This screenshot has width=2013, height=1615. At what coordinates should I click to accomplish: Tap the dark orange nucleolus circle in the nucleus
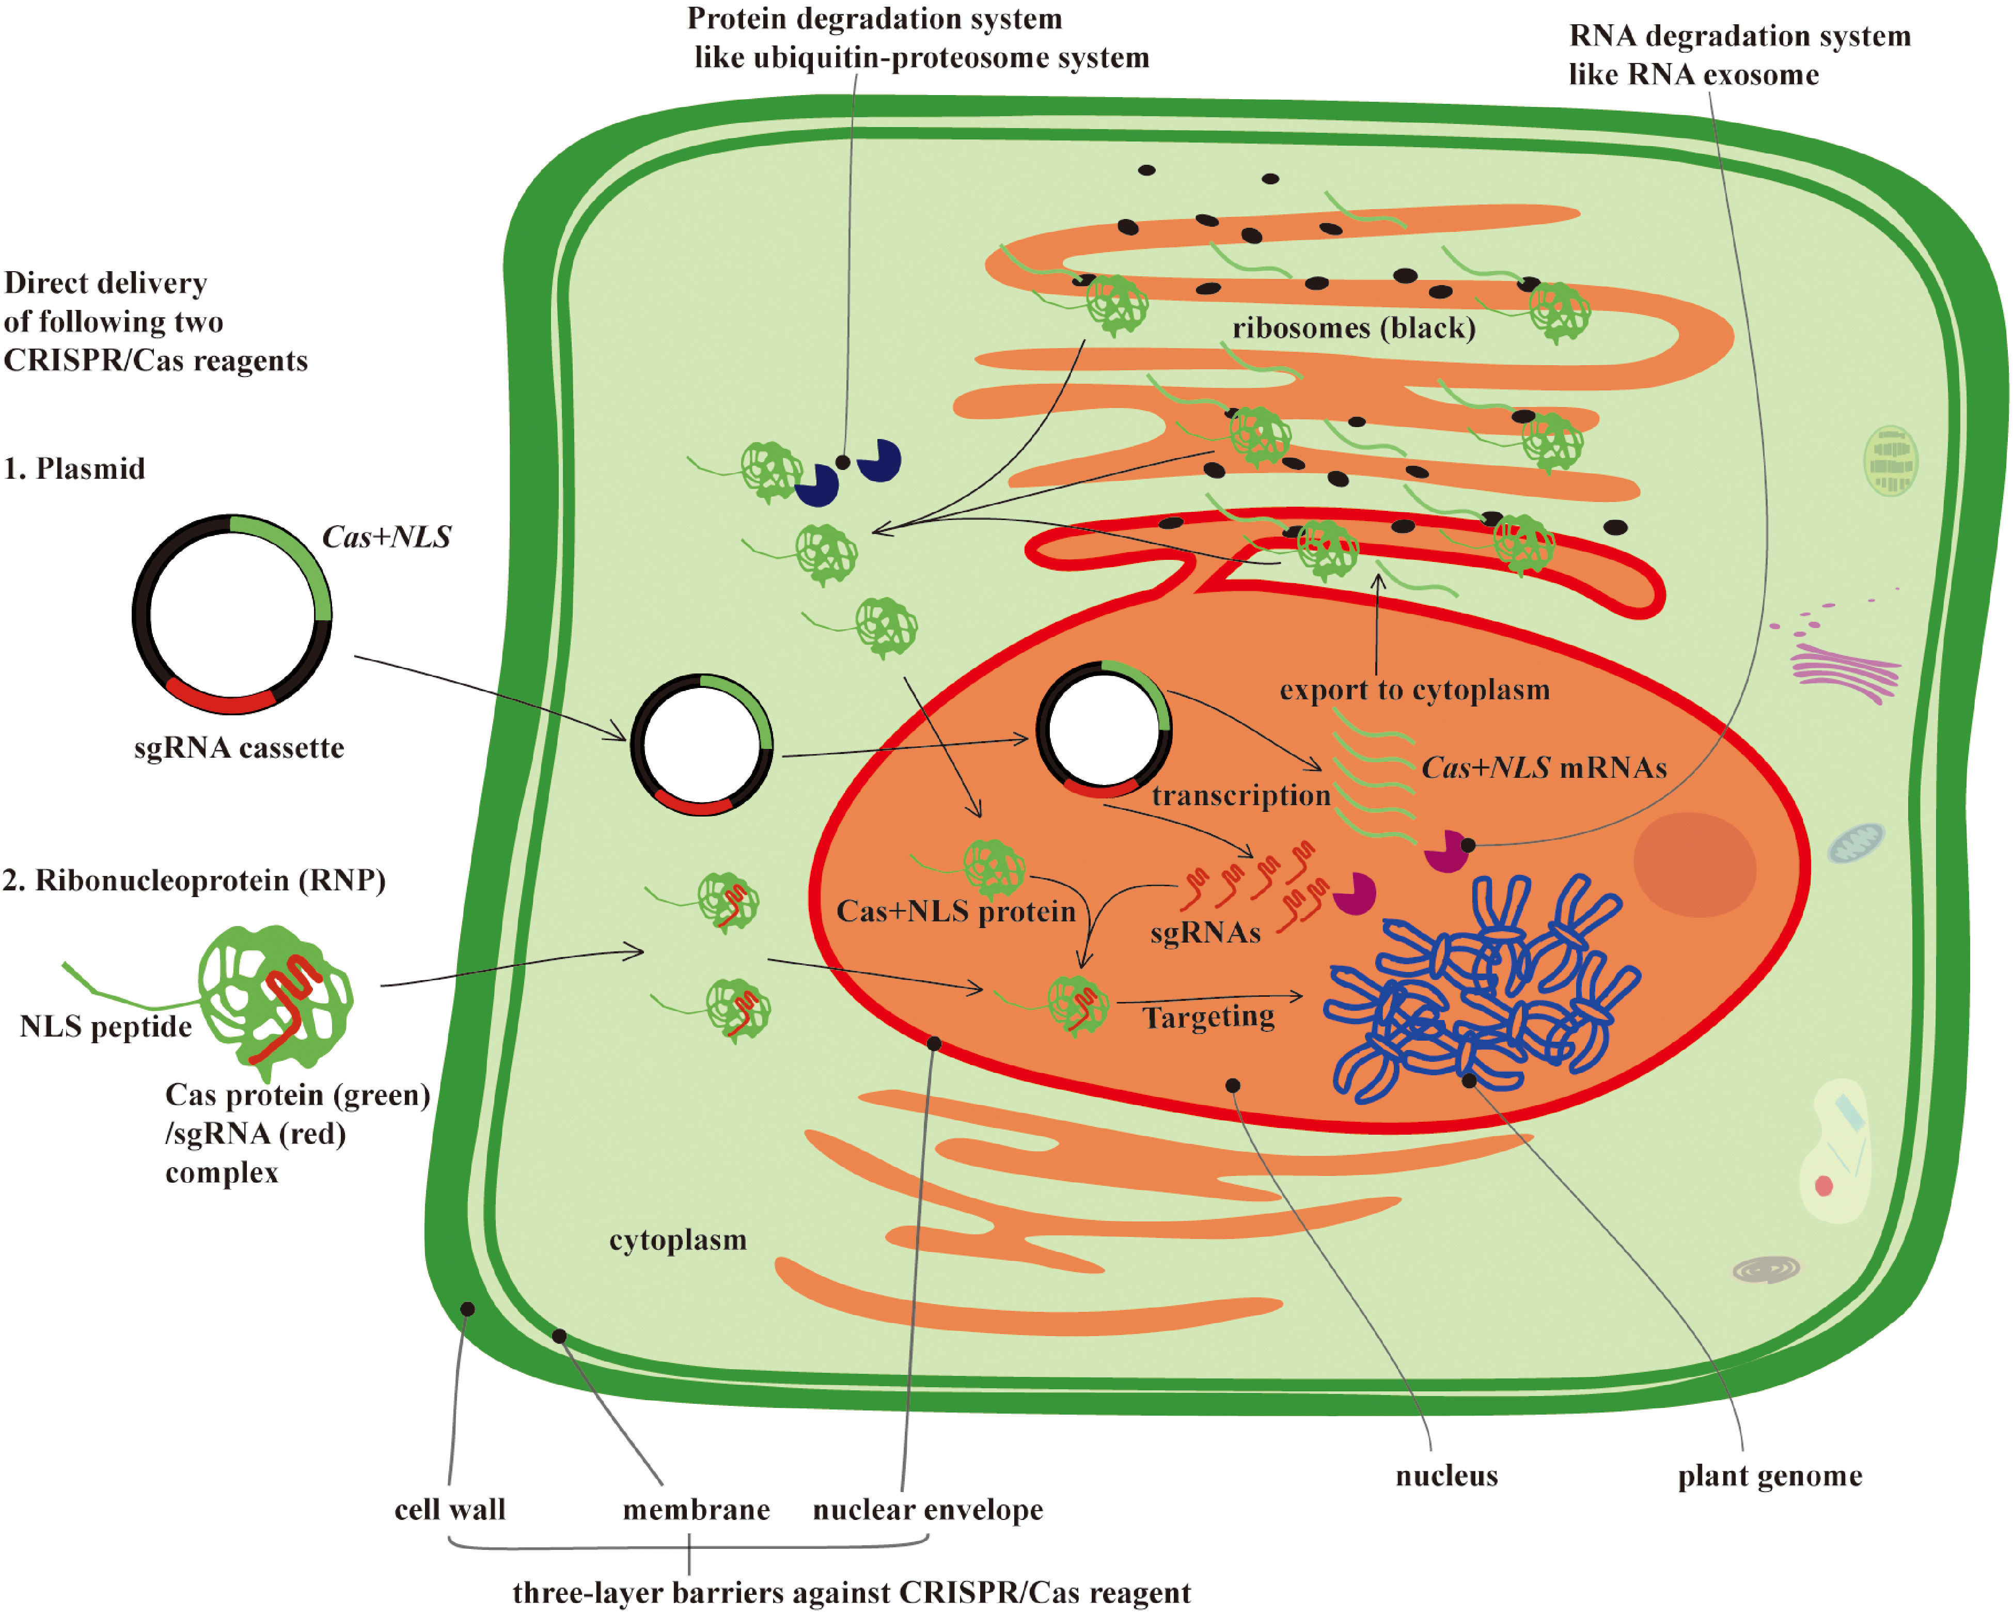tap(1694, 864)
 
